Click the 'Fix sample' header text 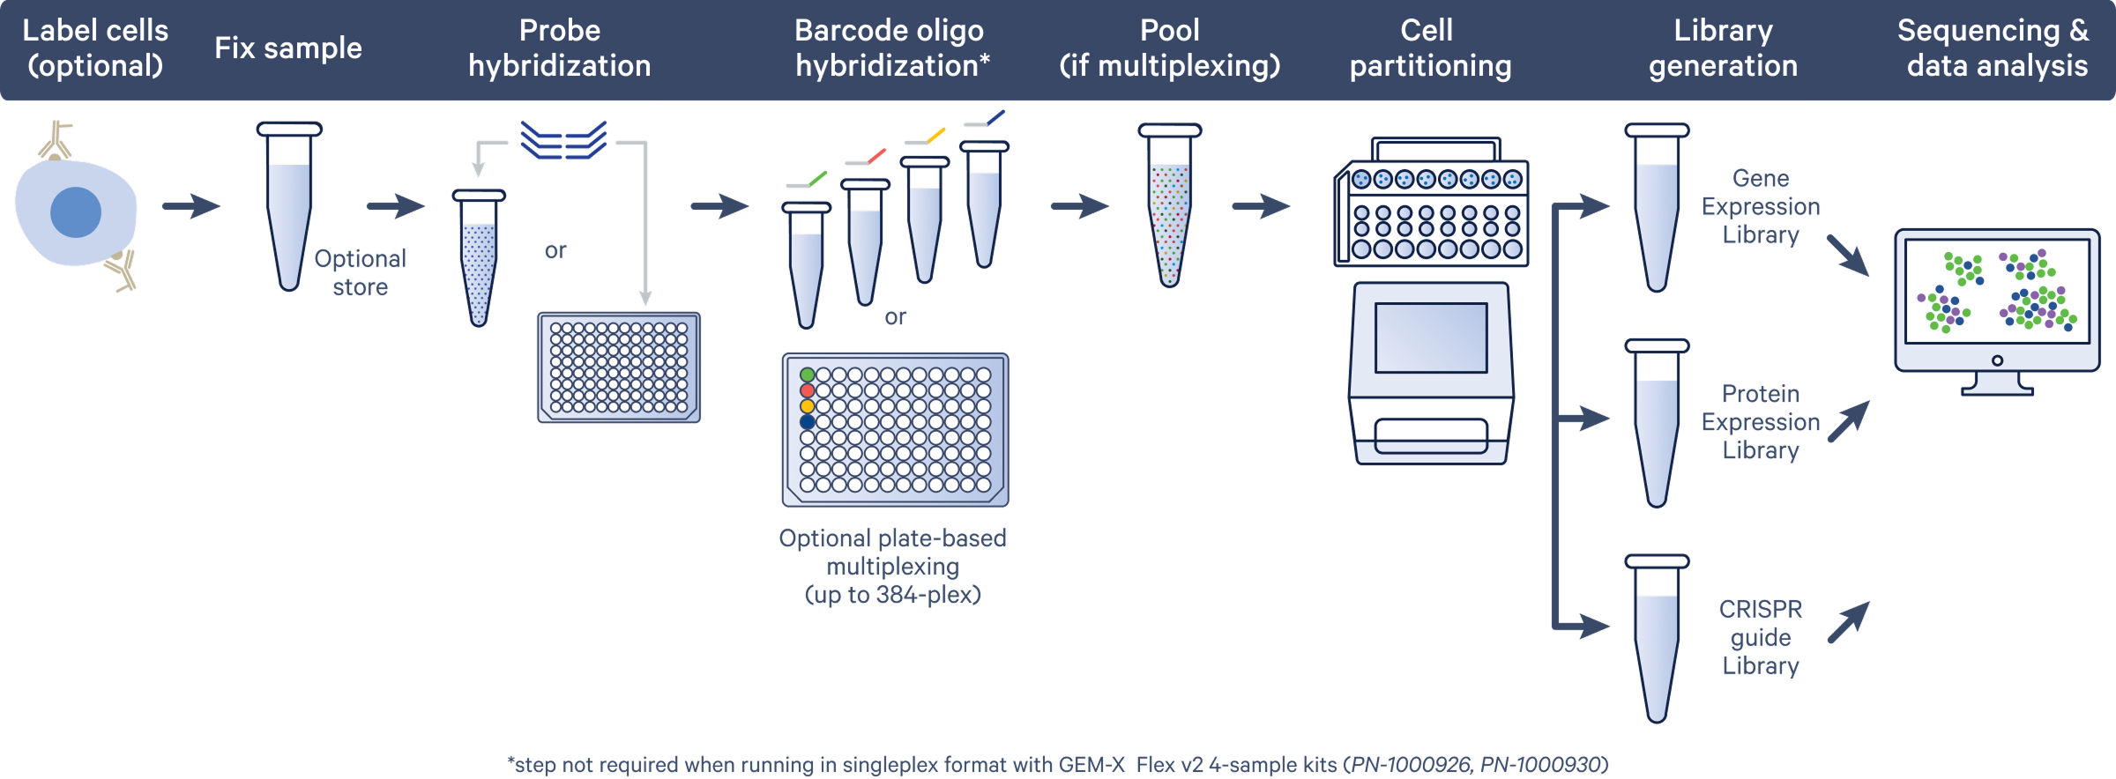pyautogui.click(x=287, y=48)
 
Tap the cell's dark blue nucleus pyautogui.click(x=76, y=212)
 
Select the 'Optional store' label pyautogui.click(x=360, y=272)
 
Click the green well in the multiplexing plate pyautogui.click(x=807, y=375)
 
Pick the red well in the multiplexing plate pyautogui.click(x=807, y=390)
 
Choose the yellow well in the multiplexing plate pyautogui.click(x=807, y=406)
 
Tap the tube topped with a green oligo pyautogui.click(x=806, y=264)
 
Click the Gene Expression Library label pyautogui.click(x=1760, y=206)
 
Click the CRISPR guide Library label pyautogui.click(x=1760, y=637)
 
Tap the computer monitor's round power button pyautogui.click(x=1997, y=360)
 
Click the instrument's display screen pyautogui.click(x=1430, y=338)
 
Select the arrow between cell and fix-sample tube pyautogui.click(x=191, y=206)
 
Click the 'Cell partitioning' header pyautogui.click(x=1429, y=48)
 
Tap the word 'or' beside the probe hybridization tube pyautogui.click(x=555, y=251)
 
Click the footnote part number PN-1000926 pyautogui.click(x=1410, y=764)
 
